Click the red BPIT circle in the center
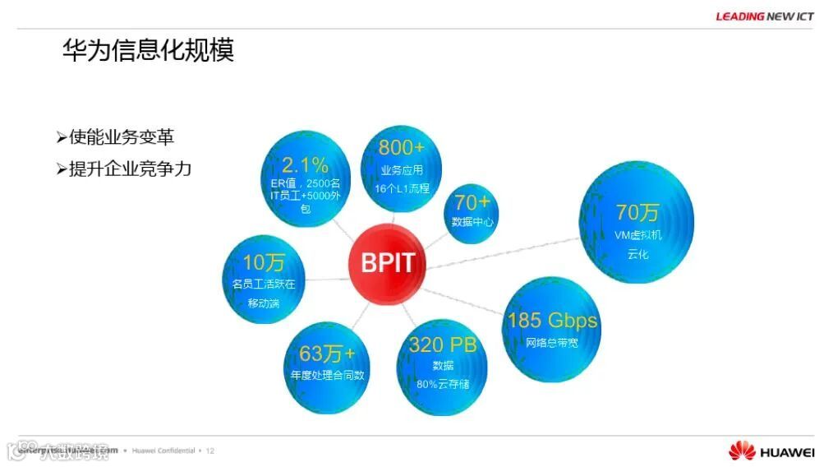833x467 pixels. pyautogui.click(x=388, y=264)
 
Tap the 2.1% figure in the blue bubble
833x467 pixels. pyautogui.click(x=305, y=164)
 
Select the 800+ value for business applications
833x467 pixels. pyautogui.click(x=402, y=148)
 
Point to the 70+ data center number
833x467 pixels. pyautogui.click(x=472, y=202)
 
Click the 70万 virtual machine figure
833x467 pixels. pyautogui.click(x=637, y=212)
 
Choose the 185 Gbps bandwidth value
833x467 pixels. pyautogui.click(x=552, y=320)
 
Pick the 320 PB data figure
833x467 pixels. pyautogui.click(x=443, y=344)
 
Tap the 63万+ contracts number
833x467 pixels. pyautogui.click(x=327, y=354)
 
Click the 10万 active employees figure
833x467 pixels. pyautogui.click(x=264, y=263)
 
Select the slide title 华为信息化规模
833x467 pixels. pyautogui.click(x=149, y=50)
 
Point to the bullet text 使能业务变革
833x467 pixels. pyautogui.click(x=121, y=137)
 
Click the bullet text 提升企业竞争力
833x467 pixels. pyautogui.click(x=130, y=169)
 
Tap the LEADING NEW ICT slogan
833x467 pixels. pyautogui.click(x=764, y=16)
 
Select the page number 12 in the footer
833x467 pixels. pyautogui.click(x=209, y=451)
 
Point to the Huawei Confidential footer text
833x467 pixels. pyautogui.click(x=163, y=451)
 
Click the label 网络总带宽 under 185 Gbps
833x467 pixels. pyautogui.click(x=552, y=342)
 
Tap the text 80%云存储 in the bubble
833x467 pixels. pyautogui.click(x=443, y=384)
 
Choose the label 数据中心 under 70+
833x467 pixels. pyautogui.click(x=472, y=222)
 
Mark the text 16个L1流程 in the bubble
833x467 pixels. pyautogui.click(x=402, y=188)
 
